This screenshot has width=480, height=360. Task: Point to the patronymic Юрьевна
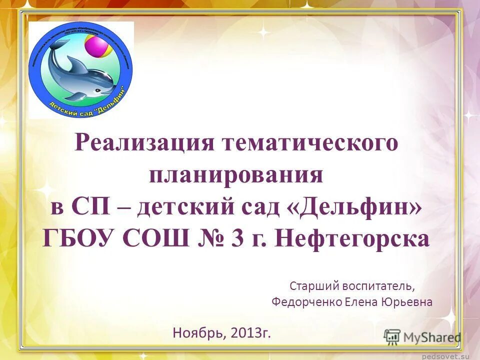click(x=407, y=302)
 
